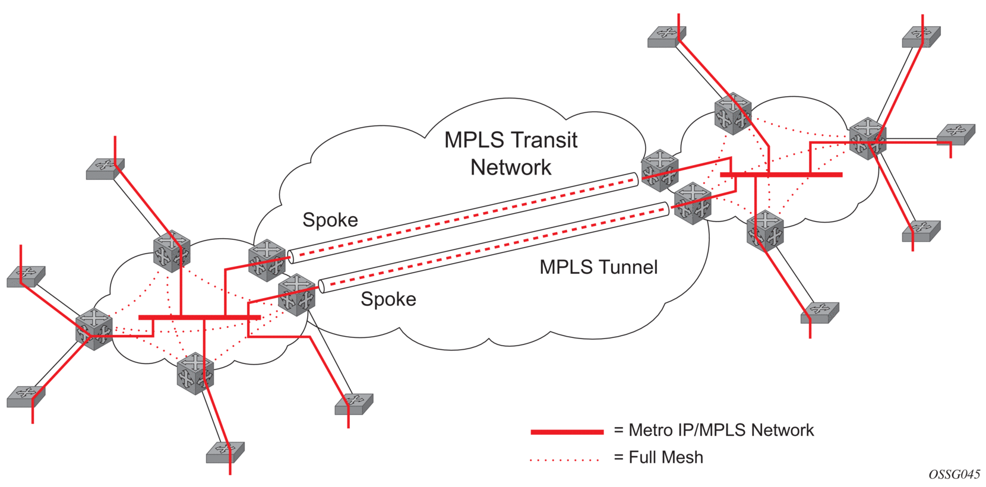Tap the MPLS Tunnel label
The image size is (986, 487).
[x=598, y=267]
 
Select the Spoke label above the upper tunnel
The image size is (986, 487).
[x=330, y=220]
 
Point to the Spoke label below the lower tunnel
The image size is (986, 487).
[x=388, y=299]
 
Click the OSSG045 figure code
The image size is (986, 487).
[x=954, y=474]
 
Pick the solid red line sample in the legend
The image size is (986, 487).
[x=567, y=432]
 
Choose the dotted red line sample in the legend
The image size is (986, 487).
[x=564, y=459]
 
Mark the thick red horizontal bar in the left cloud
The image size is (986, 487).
[x=199, y=318]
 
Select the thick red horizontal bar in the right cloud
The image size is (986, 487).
[x=781, y=175]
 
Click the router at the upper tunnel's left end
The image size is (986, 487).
[x=267, y=260]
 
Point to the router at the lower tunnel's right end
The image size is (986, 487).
[x=693, y=203]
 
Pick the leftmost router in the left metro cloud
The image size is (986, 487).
[x=94, y=328]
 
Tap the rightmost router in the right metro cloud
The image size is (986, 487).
[x=867, y=138]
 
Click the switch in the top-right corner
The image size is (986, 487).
[x=921, y=37]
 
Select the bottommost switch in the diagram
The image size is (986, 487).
[x=225, y=453]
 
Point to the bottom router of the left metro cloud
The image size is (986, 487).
[x=195, y=373]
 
